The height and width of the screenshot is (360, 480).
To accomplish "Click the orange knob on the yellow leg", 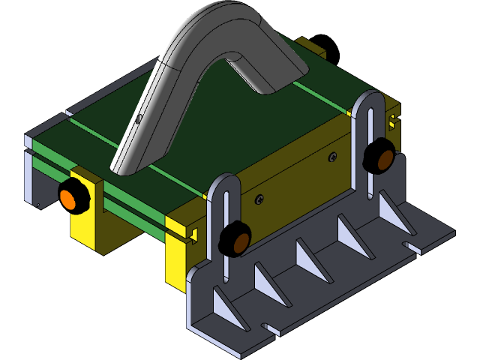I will click(73, 197).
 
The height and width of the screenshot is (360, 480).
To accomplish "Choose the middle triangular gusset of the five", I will click(310, 259).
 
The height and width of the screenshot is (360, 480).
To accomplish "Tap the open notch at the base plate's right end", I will click(409, 245).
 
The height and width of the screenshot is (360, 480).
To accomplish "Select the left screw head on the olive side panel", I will click(259, 199).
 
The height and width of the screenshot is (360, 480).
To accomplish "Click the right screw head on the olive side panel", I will click(332, 157).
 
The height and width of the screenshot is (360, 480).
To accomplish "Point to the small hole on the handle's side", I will click(139, 117).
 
